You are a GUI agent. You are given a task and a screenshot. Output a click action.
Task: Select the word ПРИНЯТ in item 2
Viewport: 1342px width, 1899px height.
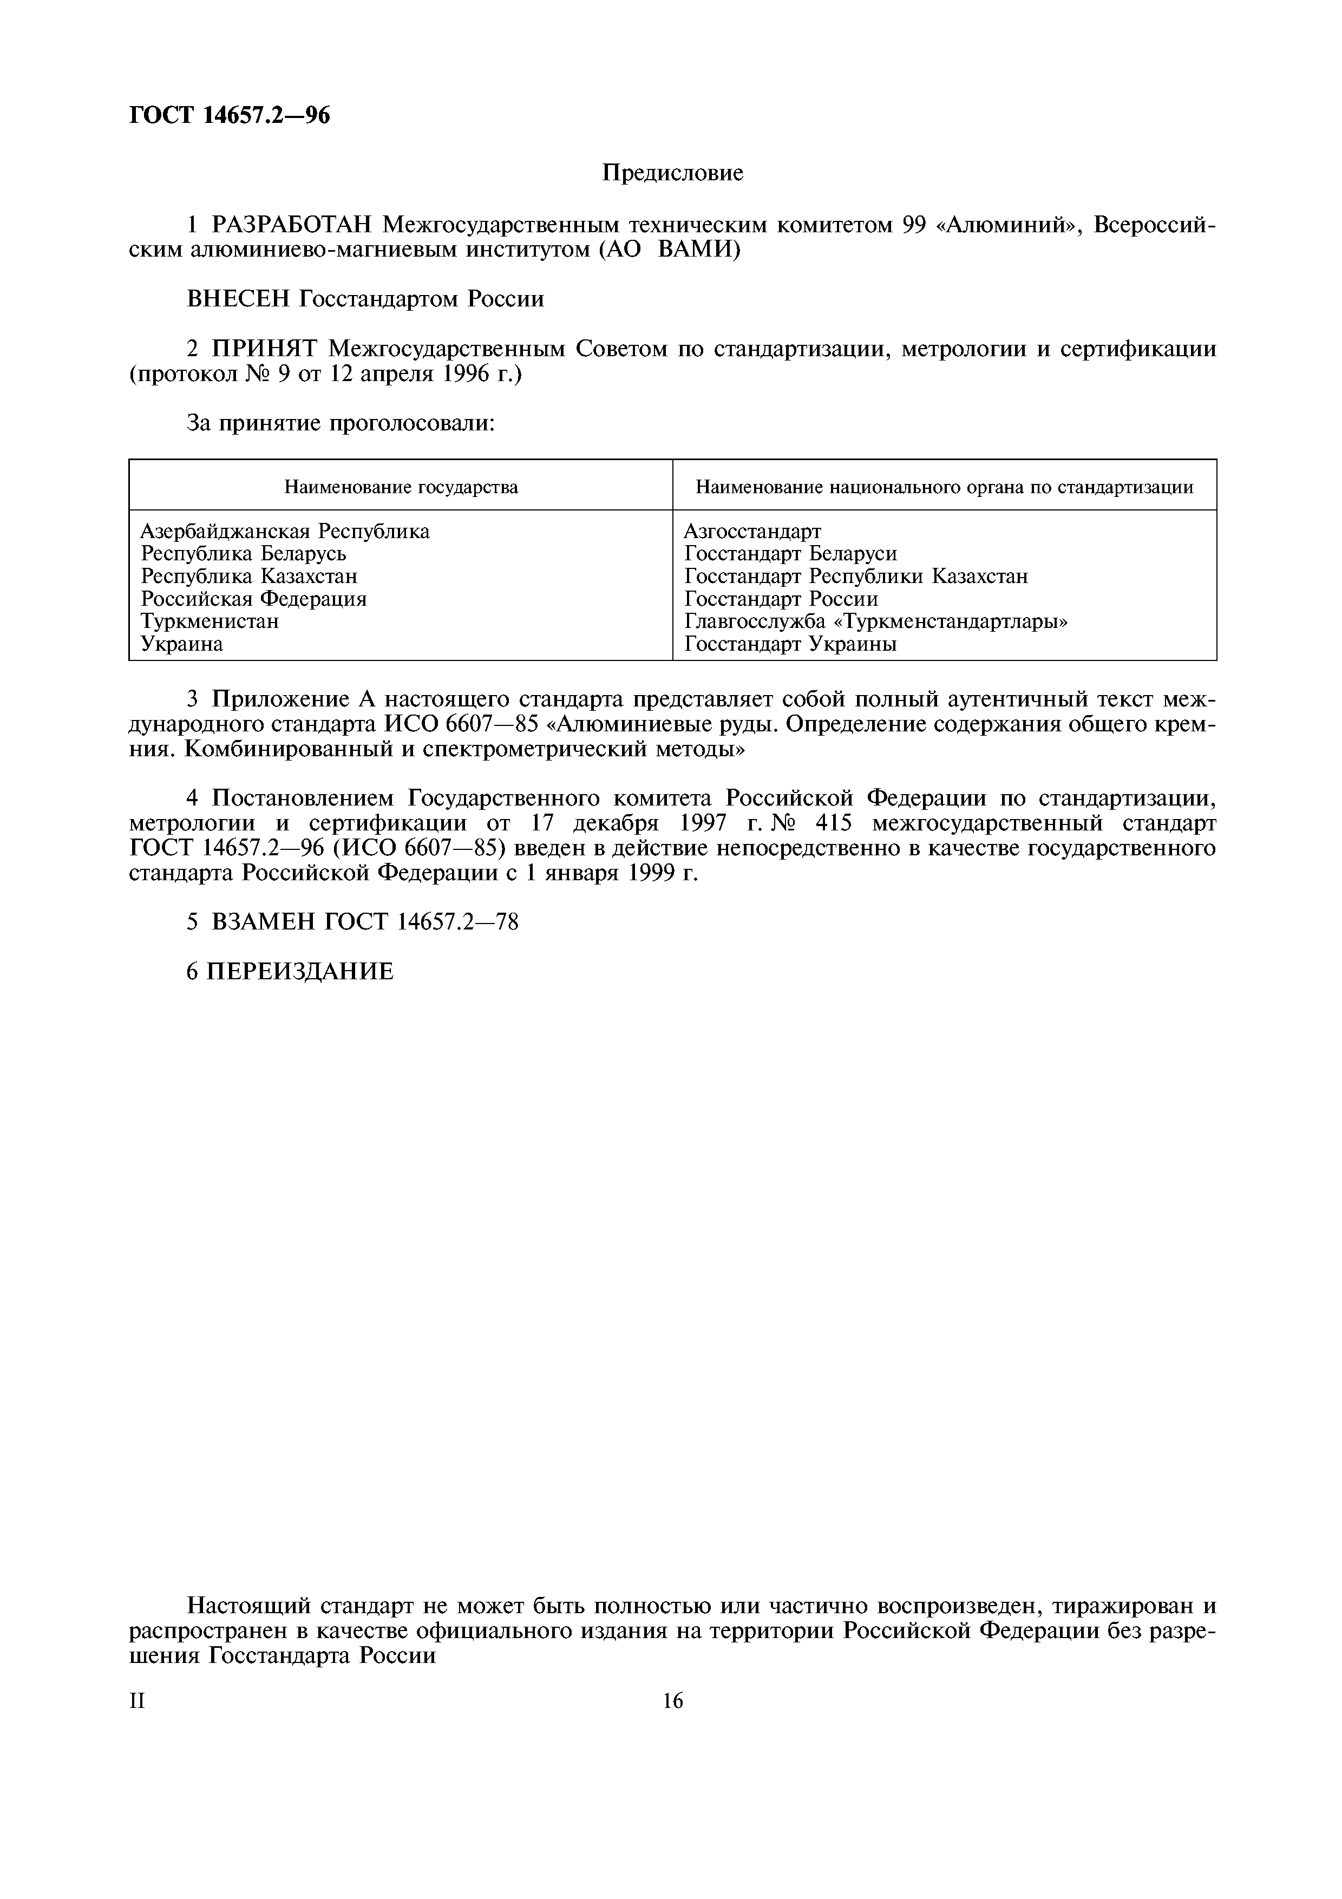(265, 349)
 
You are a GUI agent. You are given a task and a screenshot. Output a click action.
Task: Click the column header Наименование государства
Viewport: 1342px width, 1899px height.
(401, 487)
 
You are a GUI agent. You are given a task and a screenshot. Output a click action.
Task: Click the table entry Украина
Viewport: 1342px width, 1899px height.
(181, 644)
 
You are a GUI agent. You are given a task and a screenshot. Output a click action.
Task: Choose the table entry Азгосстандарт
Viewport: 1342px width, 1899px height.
(752, 531)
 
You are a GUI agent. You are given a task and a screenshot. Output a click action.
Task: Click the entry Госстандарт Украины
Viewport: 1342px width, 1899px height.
(790, 644)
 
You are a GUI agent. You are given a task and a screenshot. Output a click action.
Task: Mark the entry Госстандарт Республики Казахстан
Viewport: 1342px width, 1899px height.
(856, 575)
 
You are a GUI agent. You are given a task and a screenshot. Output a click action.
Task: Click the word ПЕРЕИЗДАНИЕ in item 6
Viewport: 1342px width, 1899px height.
(299, 972)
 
